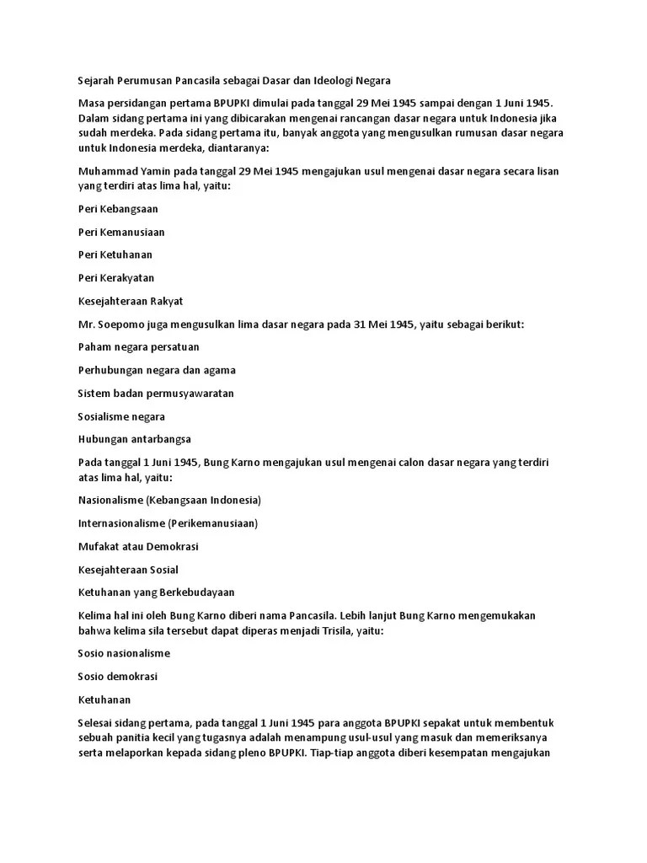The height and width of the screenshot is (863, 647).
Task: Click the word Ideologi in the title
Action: [329, 81]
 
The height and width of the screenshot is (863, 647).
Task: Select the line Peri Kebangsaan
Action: [118, 208]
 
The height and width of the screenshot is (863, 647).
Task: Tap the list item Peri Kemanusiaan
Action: [121, 232]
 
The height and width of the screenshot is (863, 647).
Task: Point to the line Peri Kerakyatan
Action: [116, 278]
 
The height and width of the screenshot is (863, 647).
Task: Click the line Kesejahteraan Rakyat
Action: [131, 301]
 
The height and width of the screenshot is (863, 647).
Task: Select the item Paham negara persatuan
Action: [138, 347]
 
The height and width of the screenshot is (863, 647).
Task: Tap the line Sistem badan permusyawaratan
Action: [156, 394]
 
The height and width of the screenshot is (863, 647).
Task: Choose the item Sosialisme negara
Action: [121, 416]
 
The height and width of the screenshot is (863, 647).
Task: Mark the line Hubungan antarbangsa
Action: [135, 439]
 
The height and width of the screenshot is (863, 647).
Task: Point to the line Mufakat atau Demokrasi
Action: [138, 546]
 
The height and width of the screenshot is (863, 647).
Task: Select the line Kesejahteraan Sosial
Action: [128, 570]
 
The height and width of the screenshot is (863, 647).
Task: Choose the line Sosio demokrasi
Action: [118, 677]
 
